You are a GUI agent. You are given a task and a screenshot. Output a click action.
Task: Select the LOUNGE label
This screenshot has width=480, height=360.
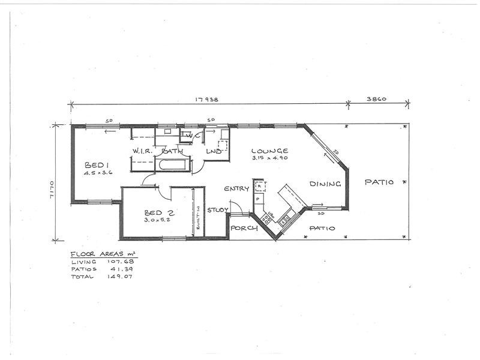[x=269, y=151]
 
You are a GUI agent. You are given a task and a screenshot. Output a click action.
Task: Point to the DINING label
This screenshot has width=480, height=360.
[x=325, y=184]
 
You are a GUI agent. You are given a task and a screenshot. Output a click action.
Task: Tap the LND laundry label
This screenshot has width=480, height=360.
[x=214, y=152]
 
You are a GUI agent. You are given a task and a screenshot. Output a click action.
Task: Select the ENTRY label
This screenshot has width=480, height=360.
[x=236, y=189]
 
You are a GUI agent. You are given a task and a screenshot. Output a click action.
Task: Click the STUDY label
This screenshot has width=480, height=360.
[x=217, y=210]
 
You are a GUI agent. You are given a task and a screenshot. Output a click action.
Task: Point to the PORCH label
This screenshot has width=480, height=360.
[x=244, y=229]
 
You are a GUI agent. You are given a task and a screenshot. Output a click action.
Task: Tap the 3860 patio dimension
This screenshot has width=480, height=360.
[x=375, y=100]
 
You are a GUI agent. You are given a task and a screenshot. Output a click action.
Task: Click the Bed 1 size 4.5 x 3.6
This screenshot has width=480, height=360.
[x=99, y=173]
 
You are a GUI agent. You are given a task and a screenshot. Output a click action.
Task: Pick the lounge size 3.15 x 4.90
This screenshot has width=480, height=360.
[x=270, y=158]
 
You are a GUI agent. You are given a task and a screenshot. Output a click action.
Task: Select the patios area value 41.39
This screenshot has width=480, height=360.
[x=119, y=269]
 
